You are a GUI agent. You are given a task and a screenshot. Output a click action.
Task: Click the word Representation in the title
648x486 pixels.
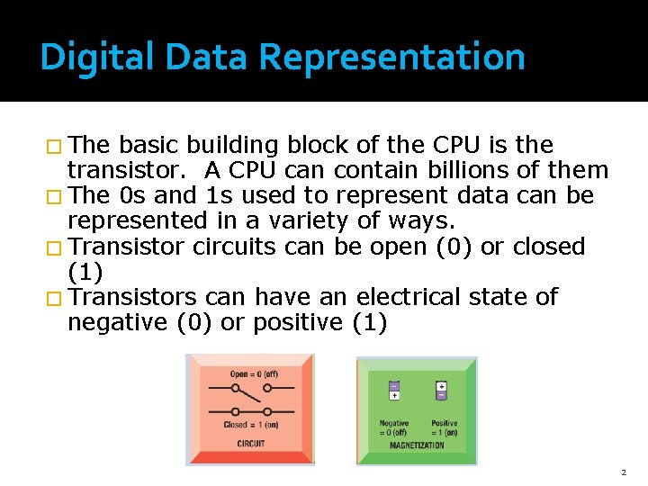(x=391, y=57)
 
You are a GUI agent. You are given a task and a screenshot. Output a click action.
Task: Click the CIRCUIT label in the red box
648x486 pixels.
(x=251, y=443)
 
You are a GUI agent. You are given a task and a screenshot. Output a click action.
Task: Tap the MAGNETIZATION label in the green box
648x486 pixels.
(x=417, y=445)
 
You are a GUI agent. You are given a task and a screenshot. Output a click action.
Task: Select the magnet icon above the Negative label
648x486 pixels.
(x=394, y=390)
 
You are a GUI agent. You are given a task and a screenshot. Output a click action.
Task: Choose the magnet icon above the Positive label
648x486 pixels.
(x=441, y=390)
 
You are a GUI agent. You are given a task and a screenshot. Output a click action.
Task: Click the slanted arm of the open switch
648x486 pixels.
(x=251, y=391)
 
